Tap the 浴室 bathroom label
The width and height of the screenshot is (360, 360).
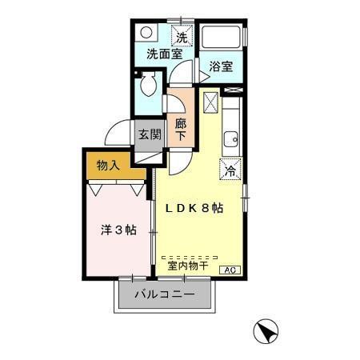pyautogui.click(x=221, y=67)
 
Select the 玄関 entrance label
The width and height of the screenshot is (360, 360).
pyautogui.click(x=150, y=134)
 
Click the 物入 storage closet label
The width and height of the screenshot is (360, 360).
pyautogui.click(x=108, y=166)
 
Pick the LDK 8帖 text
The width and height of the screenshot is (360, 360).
pyautogui.click(x=194, y=208)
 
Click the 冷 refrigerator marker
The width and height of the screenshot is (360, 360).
pyautogui.click(x=230, y=170)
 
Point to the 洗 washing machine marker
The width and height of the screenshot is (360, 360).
pyautogui.click(x=182, y=37)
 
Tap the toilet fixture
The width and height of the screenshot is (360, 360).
pyautogui.click(x=148, y=85)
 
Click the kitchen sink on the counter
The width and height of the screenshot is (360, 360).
pyautogui.click(x=230, y=138)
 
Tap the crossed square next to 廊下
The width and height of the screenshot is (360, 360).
pyautogui.click(x=210, y=102)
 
